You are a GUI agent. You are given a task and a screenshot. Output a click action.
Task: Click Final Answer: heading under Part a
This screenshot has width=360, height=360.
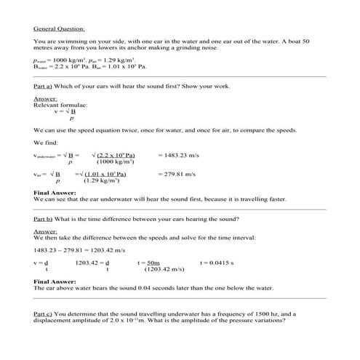click(55, 193)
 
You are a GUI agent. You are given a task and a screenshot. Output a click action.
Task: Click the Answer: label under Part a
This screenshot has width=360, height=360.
click(45, 98)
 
